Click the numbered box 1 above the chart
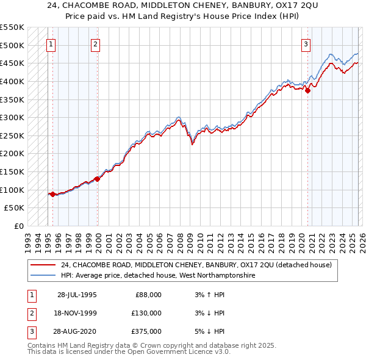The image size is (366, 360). pyautogui.click(x=51, y=44)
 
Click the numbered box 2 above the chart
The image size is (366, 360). pyautogui.click(x=96, y=44)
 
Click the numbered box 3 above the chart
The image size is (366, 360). pyautogui.click(x=306, y=44)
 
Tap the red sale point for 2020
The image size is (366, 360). pyautogui.click(x=308, y=90)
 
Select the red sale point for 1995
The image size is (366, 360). pyautogui.click(x=53, y=194)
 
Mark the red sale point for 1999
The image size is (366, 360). pyautogui.click(x=98, y=179)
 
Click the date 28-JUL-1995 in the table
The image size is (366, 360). pyautogui.click(x=77, y=294)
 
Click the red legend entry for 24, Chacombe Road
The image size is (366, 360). pyautogui.click(x=195, y=265)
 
